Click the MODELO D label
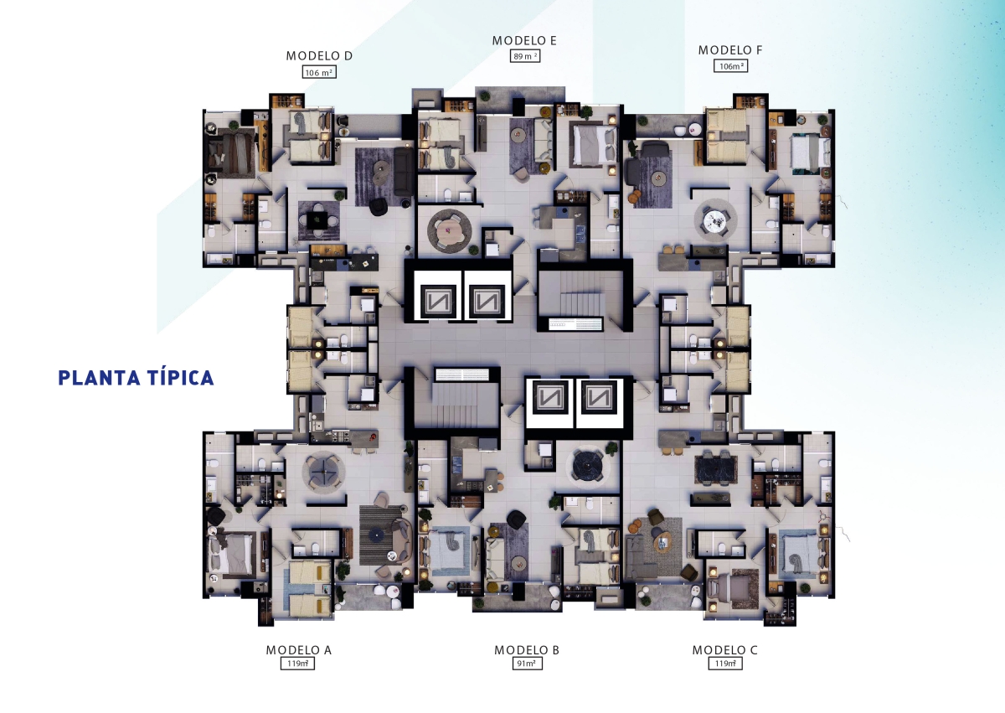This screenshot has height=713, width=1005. pos(319,55)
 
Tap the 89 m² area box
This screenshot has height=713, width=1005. pos(524,56)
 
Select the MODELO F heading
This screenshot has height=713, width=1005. pos(730,50)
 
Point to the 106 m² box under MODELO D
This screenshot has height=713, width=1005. pos(319,72)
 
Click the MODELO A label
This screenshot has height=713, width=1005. pos(298,649)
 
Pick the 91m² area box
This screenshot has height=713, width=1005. pos(527,664)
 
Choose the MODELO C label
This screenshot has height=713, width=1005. pos(724,649)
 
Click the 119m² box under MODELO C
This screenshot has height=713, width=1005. pos(725,664)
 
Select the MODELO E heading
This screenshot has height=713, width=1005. pos(524,40)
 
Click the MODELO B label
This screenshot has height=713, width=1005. pos(527,649)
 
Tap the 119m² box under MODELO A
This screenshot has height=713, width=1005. pos(297,664)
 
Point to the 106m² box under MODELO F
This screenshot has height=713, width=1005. pos(730,66)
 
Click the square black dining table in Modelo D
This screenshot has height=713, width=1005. pos(317,220)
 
